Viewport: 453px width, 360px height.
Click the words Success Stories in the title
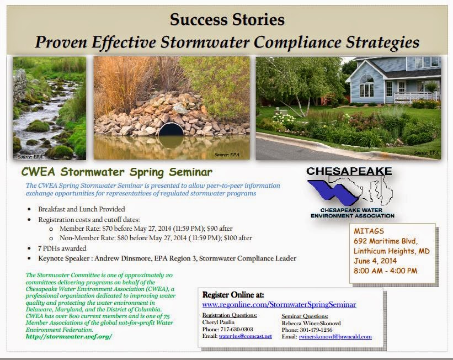point(227,20)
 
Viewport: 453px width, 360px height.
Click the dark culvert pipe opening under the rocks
point(171,130)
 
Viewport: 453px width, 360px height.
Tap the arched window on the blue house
point(366,86)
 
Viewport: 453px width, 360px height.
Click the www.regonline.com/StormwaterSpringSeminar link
point(279,304)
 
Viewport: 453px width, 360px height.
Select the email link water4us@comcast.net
point(246,336)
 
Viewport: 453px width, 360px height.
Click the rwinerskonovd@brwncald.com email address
point(335,337)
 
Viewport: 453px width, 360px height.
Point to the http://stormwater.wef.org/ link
point(69,336)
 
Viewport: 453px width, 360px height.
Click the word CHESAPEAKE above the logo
point(349,171)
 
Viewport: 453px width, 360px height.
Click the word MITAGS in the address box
point(369,231)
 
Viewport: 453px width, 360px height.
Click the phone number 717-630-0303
point(237,329)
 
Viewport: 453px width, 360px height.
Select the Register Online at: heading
point(233,295)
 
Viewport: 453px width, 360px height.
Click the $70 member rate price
point(107,229)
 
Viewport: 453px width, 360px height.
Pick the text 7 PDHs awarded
point(62,248)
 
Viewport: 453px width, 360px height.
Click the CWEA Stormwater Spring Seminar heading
point(117,172)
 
